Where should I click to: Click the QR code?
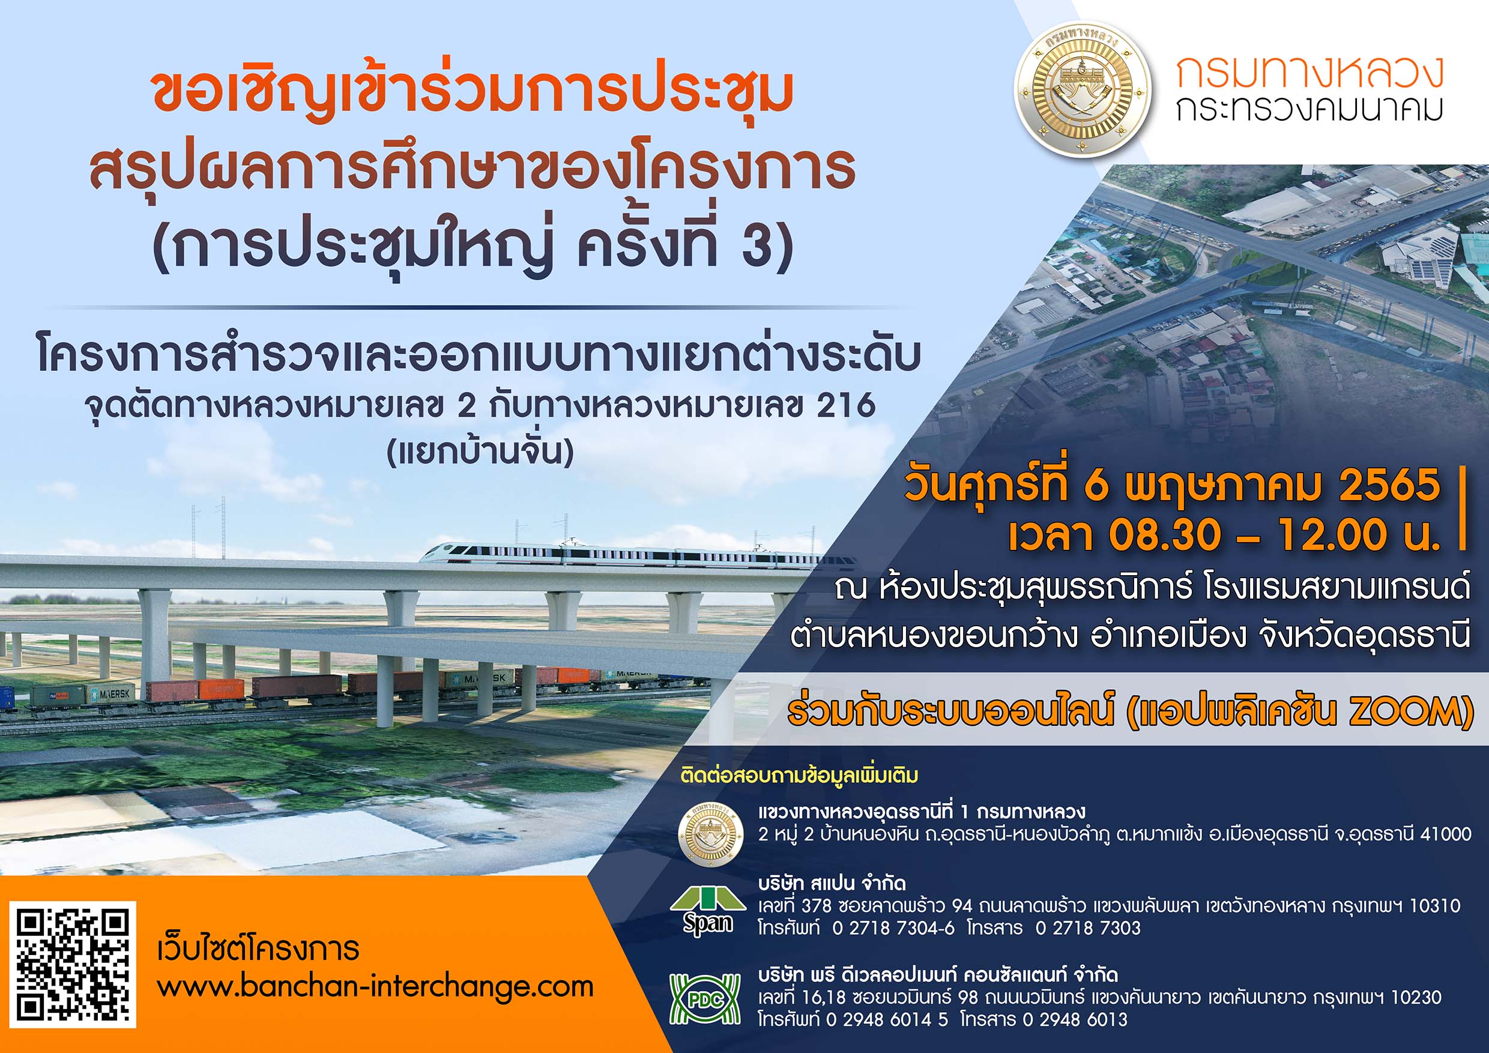(x=72, y=964)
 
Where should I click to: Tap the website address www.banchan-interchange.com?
(x=375, y=988)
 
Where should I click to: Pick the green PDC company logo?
(x=705, y=999)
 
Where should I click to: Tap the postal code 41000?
(x=1446, y=834)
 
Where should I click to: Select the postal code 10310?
(x=1435, y=906)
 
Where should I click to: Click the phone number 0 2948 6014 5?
(x=887, y=1019)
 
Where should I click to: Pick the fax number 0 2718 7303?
(x=1087, y=929)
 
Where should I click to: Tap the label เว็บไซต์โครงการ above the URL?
(x=259, y=948)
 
